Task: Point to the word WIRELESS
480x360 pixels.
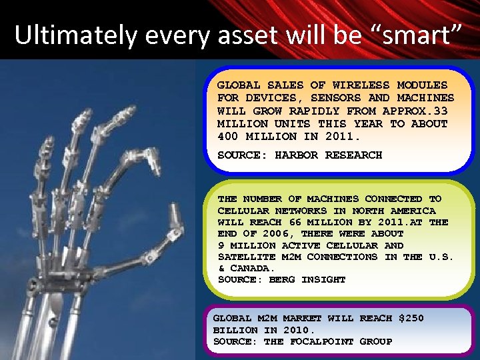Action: pyautogui.click(x=361, y=85)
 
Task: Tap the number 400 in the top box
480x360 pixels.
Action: pyautogui.click(x=228, y=137)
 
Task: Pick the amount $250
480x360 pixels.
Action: pyautogui.click(x=411, y=319)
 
